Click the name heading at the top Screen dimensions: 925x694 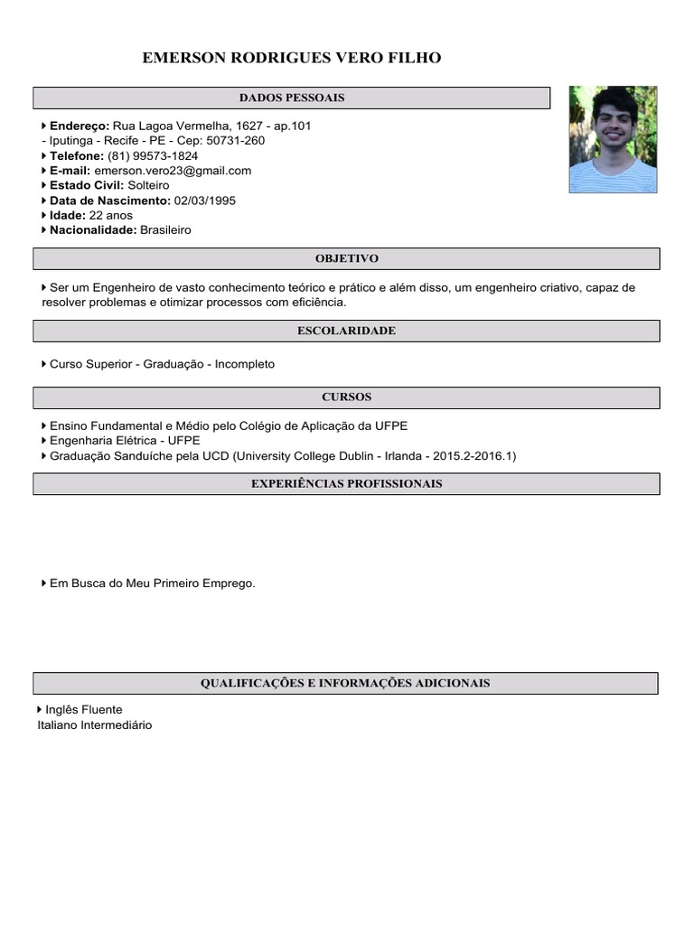tap(292, 59)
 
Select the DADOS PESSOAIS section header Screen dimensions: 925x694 tap(291, 98)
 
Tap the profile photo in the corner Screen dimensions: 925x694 tap(613, 139)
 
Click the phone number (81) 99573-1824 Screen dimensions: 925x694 tap(153, 155)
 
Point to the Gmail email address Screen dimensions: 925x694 tap(173, 170)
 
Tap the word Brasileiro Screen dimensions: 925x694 tap(165, 229)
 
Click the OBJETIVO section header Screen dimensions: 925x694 tap(346, 258)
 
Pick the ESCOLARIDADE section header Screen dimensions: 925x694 tap(346, 331)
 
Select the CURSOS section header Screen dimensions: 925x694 tap(346, 397)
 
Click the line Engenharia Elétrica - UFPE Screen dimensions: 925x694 tap(125, 441)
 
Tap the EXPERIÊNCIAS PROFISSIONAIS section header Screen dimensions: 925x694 tap(346, 483)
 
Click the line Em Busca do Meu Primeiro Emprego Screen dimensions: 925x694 tap(152, 584)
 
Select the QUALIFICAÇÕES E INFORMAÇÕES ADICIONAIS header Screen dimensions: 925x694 tap(345, 683)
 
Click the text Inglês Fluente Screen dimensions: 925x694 tap(83, 710)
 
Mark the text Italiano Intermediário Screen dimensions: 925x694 tap(95, 724)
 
